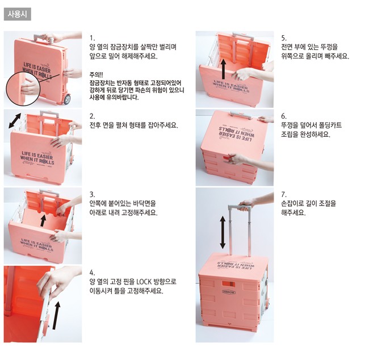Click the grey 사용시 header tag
(18, 14)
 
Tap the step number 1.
(92, 38)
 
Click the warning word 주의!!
(96, 75)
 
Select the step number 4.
(92, 273)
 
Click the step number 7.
(283, 194)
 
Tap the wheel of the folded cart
(67, 99)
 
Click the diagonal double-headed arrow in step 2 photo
(15, 120)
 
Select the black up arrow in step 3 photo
(43, 220)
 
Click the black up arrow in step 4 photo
(56, 316)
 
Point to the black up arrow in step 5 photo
(223, 69)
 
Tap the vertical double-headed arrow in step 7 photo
(223, 232)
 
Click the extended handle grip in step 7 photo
(240, 207)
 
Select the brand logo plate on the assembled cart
(229, 292)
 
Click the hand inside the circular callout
(30, 88)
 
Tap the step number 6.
(283, 116)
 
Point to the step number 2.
(92, 116)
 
